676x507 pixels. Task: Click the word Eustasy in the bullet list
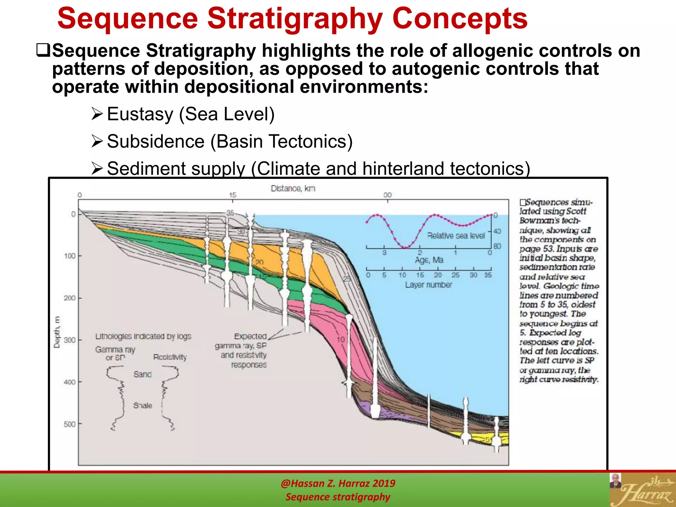[140, 115]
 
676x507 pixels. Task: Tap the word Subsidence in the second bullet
[155, 142]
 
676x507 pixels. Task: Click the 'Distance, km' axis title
[293, 188]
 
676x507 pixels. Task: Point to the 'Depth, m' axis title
[57, 332]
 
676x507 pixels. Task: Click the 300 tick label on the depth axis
[70, 340]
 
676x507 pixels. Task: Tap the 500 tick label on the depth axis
[70, 424]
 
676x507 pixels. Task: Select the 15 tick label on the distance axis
[233, 195]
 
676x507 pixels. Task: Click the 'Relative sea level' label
[456, 236]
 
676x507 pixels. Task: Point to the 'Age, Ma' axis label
[429, 260]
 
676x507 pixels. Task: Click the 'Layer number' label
[428, 285]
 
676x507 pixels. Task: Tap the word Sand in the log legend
[142, 374]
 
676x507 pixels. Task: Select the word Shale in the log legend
[143, 405]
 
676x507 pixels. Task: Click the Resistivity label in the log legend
[170, 357]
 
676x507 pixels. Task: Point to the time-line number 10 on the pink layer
[341, 339]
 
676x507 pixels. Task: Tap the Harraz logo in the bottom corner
[642, 490]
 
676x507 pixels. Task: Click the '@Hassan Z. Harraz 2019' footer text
[338, 483]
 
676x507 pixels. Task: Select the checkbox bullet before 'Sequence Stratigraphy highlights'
[43, 50]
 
